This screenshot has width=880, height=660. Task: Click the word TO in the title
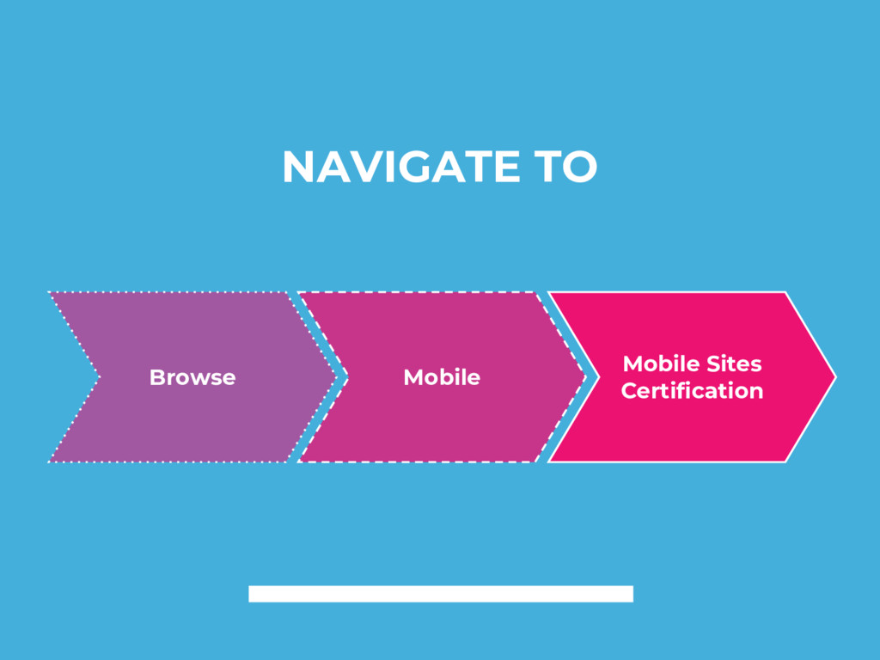(x=562, y=167)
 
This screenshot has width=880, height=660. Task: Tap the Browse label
(x=192, y=377)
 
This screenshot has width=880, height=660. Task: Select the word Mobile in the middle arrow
(x=442, y=377)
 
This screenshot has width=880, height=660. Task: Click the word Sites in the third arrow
(x=733, y=364)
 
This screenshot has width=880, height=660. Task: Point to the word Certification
(x=692, y=391)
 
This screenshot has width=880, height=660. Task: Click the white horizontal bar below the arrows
(x=441, y=594)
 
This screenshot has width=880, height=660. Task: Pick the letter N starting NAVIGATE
(x=296, y=167)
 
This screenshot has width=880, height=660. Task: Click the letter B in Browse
(x=156, y=377)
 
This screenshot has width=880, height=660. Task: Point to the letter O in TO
(x=580, y=167)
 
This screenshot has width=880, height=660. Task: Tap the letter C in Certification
(x=628, y=391)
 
